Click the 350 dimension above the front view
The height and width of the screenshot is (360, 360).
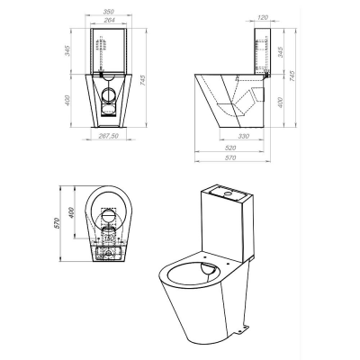click(109, 12)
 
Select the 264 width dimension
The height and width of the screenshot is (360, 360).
click(109, 20)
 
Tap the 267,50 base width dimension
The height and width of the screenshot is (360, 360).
click(109, 136)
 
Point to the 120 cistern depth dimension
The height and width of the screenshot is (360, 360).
click(263, 18)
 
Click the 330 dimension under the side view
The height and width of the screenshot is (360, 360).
click(243, 136)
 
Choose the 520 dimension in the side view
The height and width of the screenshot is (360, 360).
click(230, 148)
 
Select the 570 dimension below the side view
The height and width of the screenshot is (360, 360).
click(230, 157)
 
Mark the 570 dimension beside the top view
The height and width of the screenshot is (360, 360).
click(58, 223)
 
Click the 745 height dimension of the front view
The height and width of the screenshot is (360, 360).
click(142, 80)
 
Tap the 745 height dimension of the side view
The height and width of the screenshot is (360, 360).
click(292, 76)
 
